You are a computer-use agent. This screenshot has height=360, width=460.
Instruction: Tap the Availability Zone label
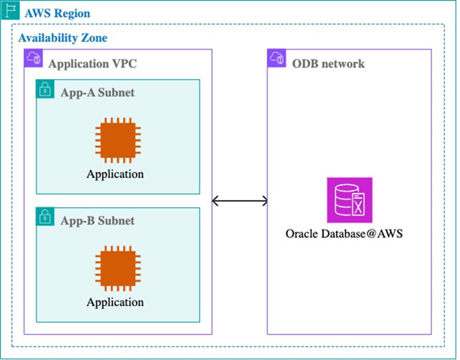point(63,37)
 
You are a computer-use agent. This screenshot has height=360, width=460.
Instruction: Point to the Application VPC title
point(93,63)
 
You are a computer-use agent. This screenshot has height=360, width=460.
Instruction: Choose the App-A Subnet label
point(98,93)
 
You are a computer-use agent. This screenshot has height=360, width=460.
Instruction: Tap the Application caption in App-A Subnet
point(116,174)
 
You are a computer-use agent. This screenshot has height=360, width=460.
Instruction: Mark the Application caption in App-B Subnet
point(116,302)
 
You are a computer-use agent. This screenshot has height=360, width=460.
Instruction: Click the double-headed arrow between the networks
point(240,201)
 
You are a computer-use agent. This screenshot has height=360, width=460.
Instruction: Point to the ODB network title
point(329,63)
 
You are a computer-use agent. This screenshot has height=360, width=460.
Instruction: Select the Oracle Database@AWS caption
point(344,235)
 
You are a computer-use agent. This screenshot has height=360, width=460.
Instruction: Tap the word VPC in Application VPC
point(123,63)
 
